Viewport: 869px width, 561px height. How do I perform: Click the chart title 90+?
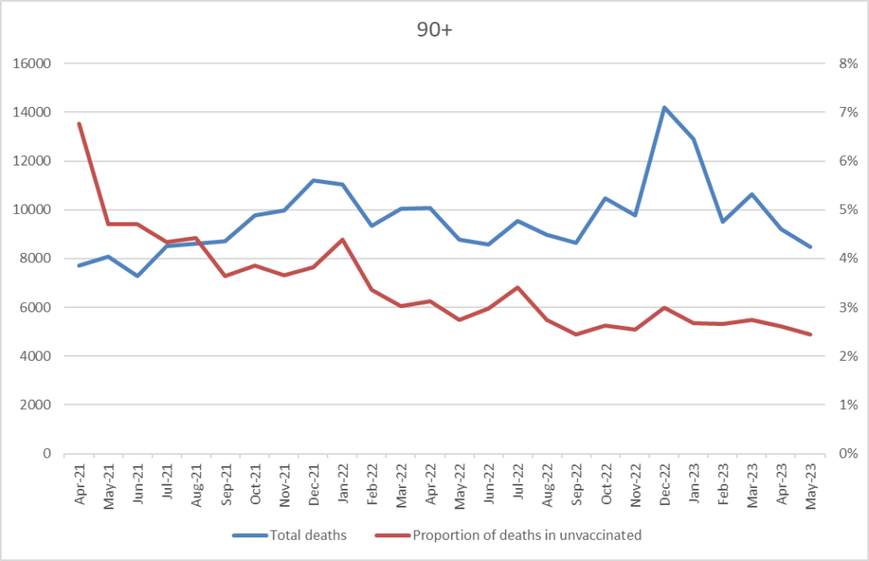click(434, 27)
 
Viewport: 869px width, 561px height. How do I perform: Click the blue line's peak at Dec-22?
click(664, 108)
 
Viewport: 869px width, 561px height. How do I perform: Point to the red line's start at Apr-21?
click(79, 123)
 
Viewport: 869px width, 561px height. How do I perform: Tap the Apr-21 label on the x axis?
click(79, 485)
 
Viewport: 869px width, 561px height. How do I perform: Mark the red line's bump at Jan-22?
click(342, 239)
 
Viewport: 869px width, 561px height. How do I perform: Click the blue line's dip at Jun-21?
click(137, 276)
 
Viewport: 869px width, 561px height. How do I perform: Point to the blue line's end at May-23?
click(810, 247)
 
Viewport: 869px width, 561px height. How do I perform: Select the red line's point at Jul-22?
click(518, 287)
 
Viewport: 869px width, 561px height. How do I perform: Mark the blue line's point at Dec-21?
click(313, 180)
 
